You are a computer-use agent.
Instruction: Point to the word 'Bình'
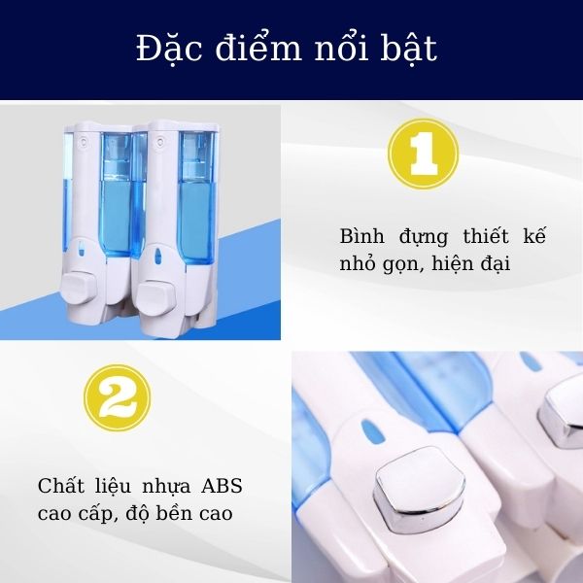(362, 237)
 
